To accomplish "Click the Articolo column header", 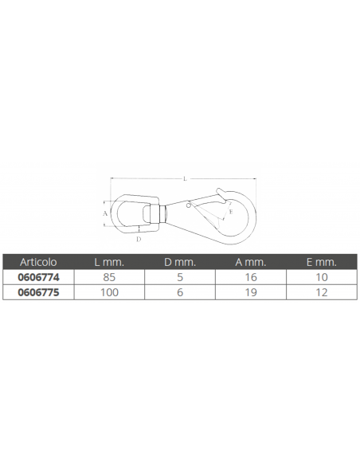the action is point(38,262).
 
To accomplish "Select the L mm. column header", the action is point(109,262).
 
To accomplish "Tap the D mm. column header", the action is point(180,262).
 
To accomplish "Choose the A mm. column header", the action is point(251,262).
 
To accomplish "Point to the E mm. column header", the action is point(322,262).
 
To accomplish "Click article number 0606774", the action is point(38,277).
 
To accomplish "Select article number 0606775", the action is point(38,292).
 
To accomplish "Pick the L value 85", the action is point(109,277).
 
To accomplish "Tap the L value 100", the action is point(109,292).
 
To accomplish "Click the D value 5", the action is point(180,277).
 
